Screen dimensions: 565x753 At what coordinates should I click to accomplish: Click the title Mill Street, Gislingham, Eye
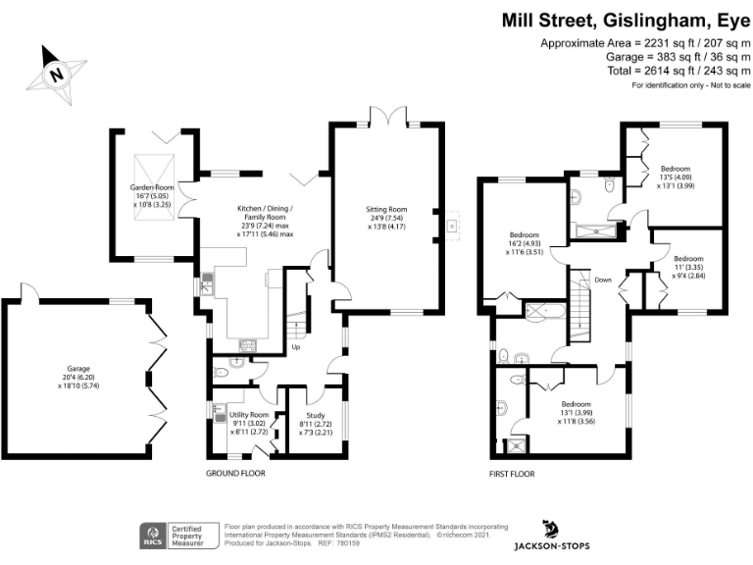tap(626, 19)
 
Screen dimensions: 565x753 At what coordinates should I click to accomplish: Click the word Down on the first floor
tap(603, 280)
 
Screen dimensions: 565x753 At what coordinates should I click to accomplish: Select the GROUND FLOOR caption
tap(235, 473)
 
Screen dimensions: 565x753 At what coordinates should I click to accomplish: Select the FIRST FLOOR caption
tap(511, 473)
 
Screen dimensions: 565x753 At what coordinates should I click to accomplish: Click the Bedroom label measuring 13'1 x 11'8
tap(576, 413)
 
